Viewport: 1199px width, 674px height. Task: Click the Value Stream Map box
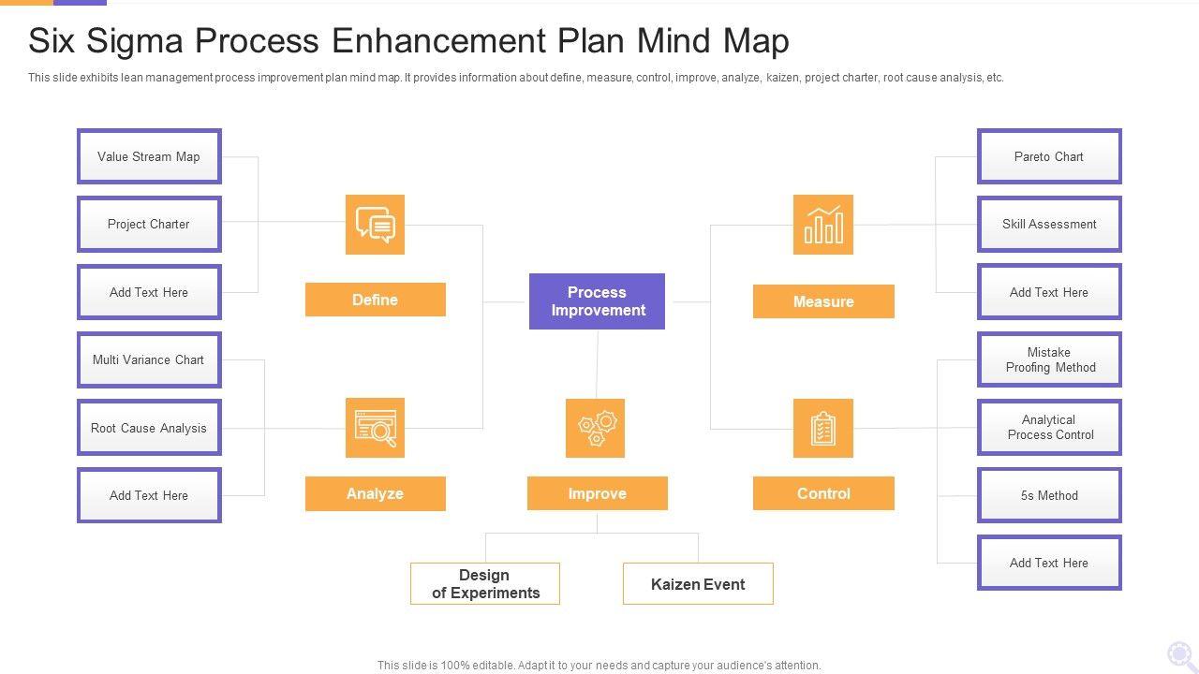[149, 156]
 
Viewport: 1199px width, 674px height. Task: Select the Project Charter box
[149, 224]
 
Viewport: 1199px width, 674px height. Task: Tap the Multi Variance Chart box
[149, 359]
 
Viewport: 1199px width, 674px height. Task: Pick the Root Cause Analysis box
[149, 428]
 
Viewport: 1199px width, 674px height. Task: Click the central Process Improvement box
[597, 301]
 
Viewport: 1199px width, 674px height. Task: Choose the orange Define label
[375, 300]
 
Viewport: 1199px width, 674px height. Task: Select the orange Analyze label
[375, 493]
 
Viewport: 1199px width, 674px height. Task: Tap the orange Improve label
[597, 493]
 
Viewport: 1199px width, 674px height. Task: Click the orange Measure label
[823, 301]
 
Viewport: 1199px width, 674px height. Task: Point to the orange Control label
[823, 493]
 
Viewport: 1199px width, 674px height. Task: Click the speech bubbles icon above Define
[375, 225]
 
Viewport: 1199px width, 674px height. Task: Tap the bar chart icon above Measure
[823, 225]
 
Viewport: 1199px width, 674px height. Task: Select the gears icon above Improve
[596, 428]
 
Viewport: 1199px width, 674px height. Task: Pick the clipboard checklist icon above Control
[823, 428]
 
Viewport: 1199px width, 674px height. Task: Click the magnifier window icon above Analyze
[375, 428]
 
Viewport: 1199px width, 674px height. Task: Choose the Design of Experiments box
[485, 584]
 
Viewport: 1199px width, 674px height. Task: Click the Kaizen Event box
[698, 584]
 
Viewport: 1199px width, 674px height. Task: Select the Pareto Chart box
[1049, 156]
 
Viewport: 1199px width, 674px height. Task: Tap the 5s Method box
[1049, 495]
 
